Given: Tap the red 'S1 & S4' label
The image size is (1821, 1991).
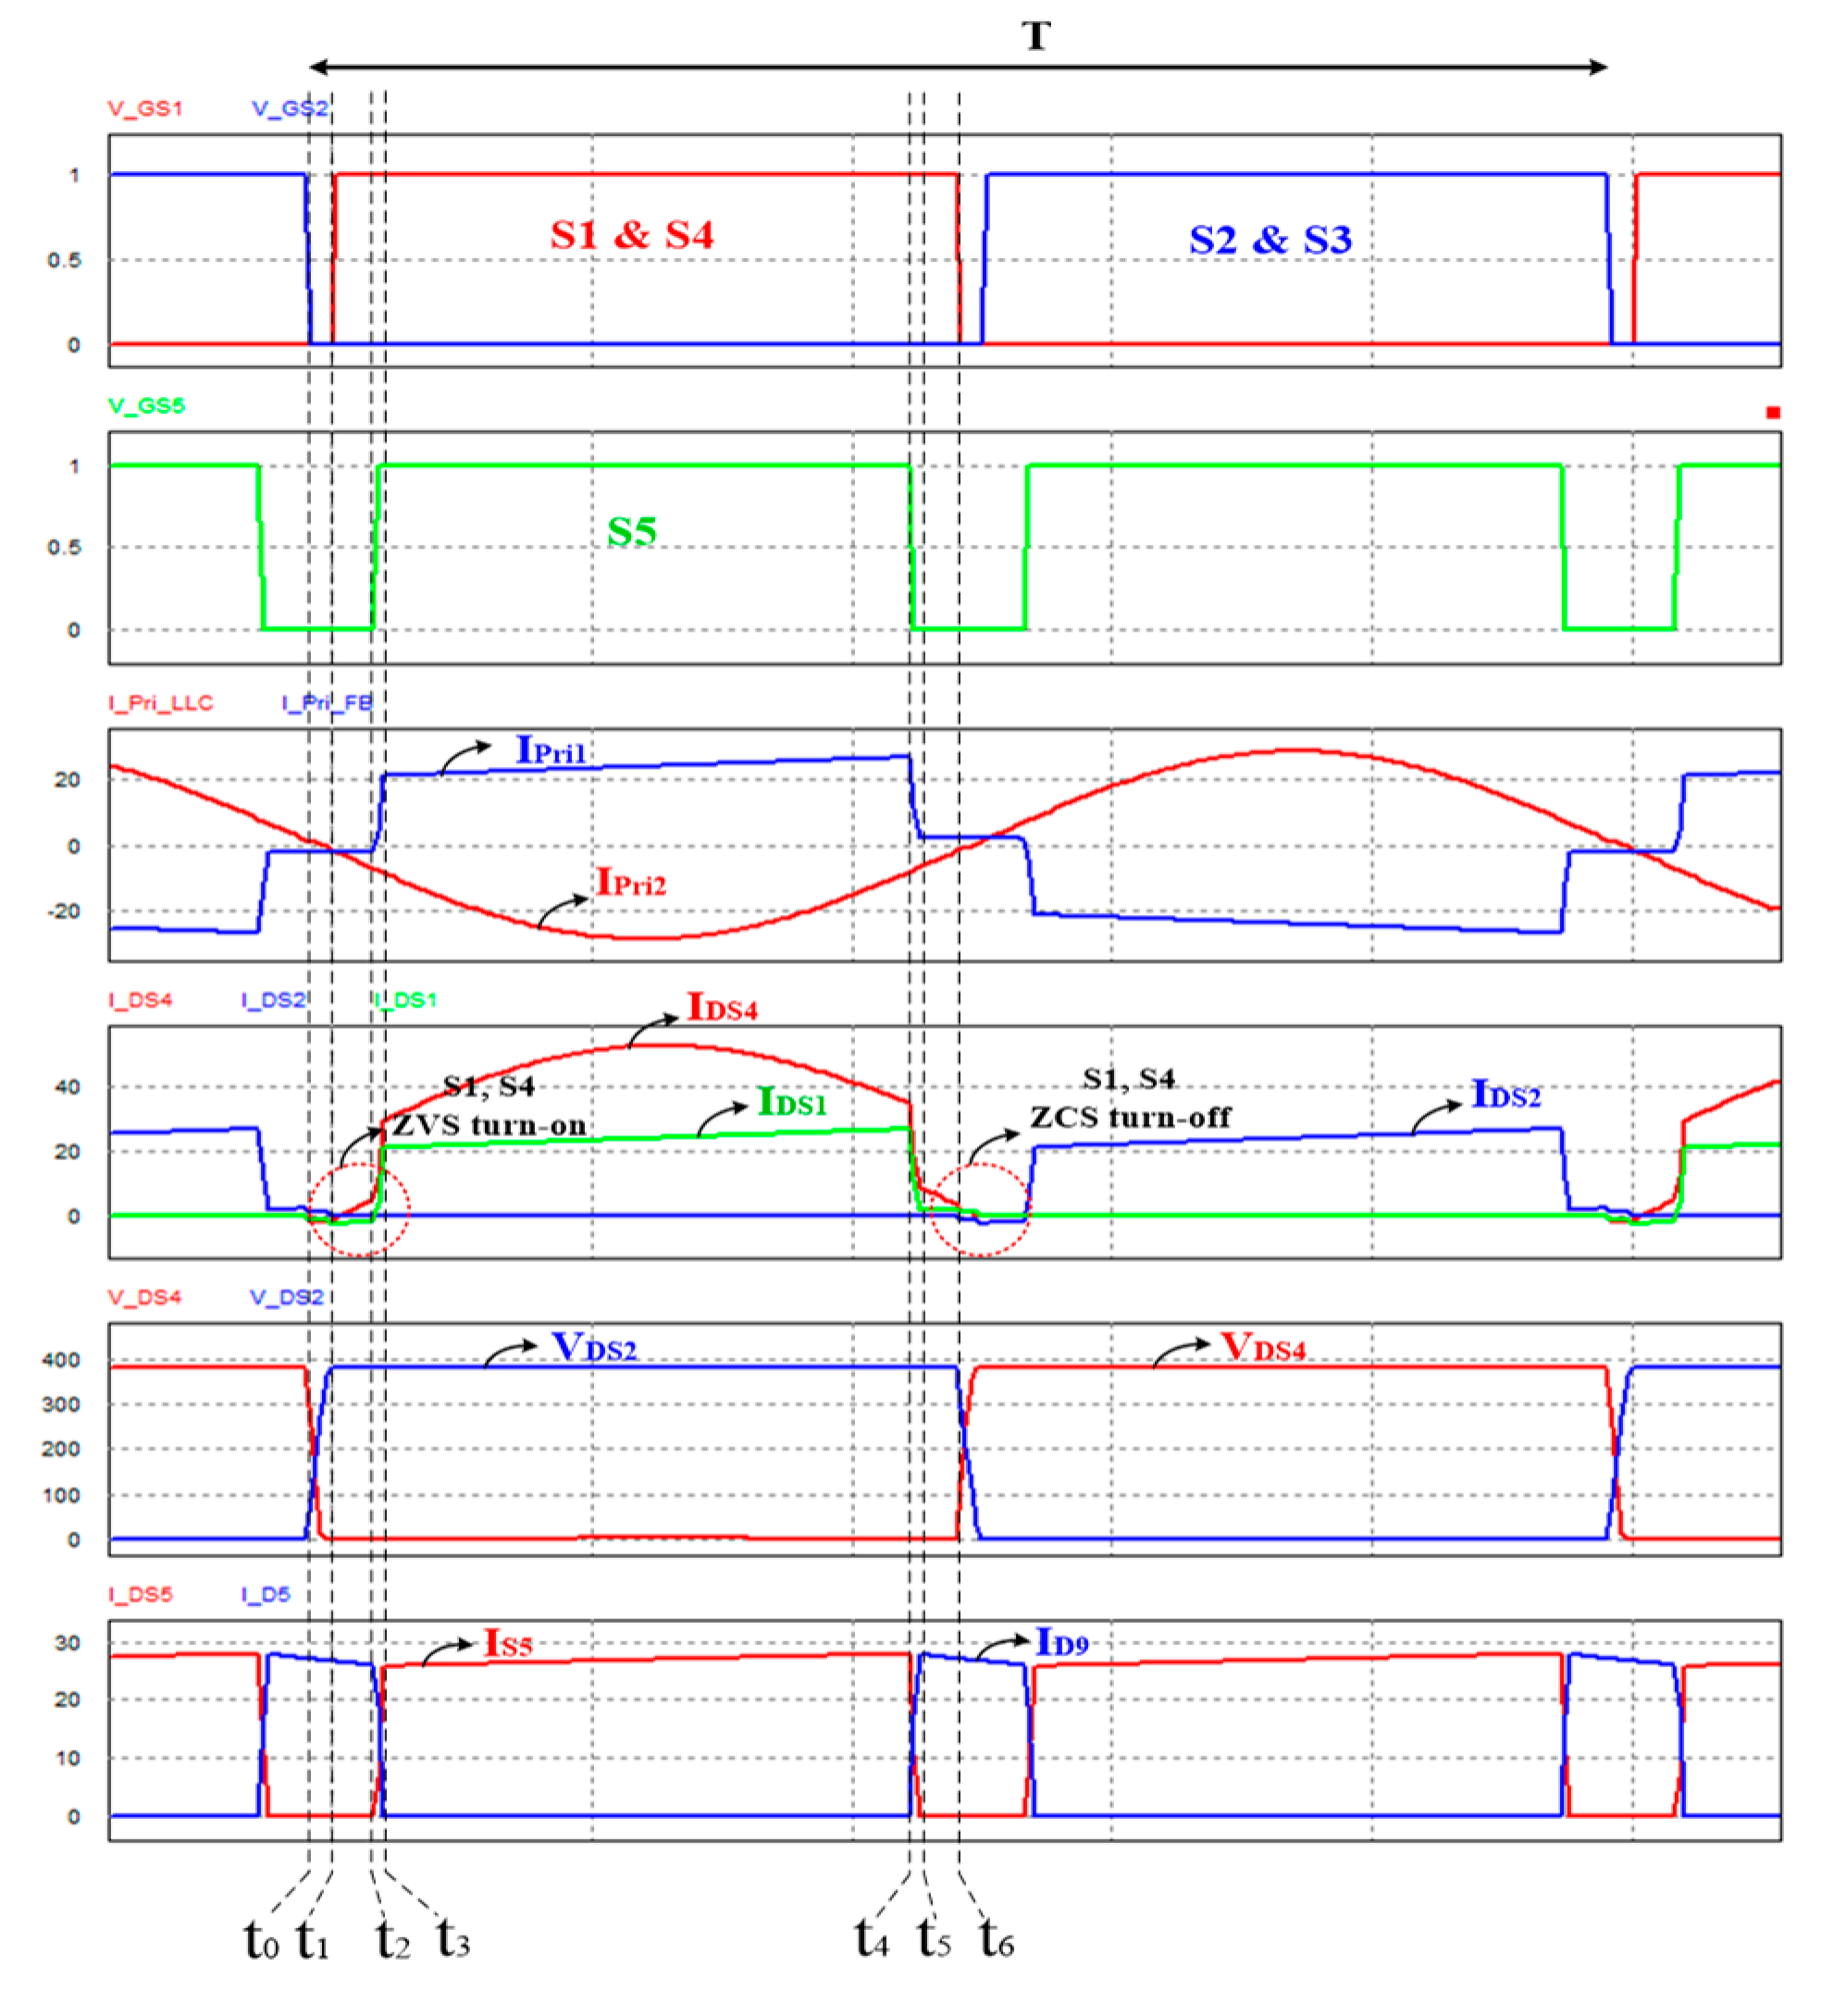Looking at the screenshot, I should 631,235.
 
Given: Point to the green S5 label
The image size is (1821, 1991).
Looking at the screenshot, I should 631,531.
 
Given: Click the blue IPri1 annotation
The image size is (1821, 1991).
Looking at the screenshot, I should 551,750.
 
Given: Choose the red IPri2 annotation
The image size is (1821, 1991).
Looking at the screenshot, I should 631,882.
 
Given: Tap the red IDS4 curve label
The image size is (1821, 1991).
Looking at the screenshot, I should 722,1008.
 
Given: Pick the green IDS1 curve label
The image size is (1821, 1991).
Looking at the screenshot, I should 791,1102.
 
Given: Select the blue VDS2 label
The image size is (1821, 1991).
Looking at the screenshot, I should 593,1347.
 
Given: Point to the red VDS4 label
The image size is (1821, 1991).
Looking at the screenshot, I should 1262,1347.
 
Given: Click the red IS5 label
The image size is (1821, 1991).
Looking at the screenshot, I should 508,1643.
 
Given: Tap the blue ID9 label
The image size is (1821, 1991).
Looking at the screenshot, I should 1061,1642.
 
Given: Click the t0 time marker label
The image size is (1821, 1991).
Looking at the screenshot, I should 262,1941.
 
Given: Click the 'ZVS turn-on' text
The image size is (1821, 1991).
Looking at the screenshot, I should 489,1125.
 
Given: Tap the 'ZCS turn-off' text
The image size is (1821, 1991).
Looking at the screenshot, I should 1131,1117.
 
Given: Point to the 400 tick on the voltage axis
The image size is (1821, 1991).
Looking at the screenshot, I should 60,1360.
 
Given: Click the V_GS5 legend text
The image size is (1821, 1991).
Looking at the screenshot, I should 146,405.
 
